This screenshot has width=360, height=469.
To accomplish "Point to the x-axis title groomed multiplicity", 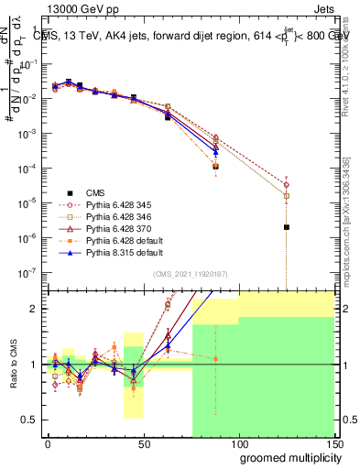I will coord(286,456).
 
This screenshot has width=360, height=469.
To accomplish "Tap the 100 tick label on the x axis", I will coord(238,443).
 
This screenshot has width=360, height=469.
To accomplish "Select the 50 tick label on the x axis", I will coord(143,443).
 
